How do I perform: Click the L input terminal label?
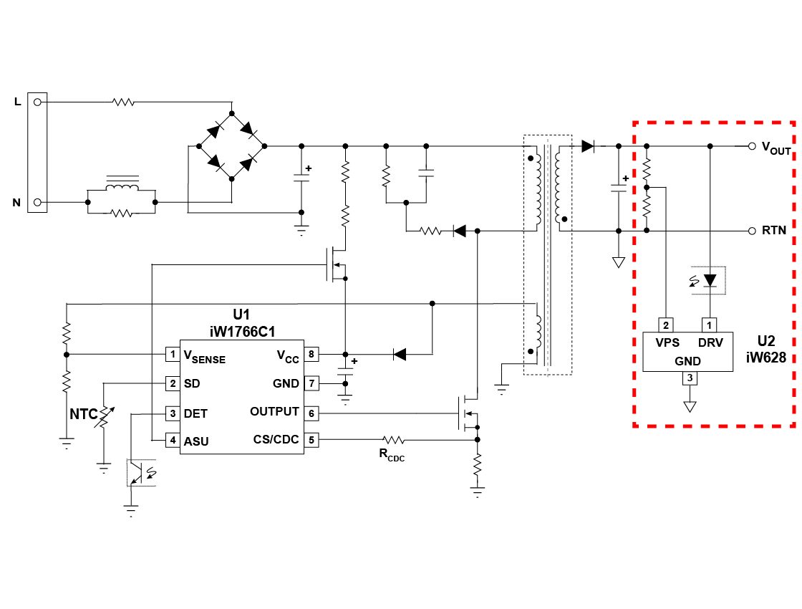pos(17,102)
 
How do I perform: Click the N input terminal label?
pos(16,203)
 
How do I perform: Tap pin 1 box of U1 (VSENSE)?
pos(172,354)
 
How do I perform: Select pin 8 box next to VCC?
pos(311,354)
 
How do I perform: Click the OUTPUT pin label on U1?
pos(274,412)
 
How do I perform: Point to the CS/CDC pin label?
pos(276,440)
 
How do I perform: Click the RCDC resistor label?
pos(392,455)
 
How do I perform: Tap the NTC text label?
pos(83,414)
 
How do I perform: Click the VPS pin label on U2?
pos(667,343)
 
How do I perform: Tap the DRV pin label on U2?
pos(710,343)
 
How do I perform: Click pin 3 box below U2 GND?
pos(690,378)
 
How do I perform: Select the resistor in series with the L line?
pos(123,102)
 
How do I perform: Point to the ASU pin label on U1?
pos(196,441)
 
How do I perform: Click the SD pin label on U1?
pos(191,383)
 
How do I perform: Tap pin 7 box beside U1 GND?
pos(311,383)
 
